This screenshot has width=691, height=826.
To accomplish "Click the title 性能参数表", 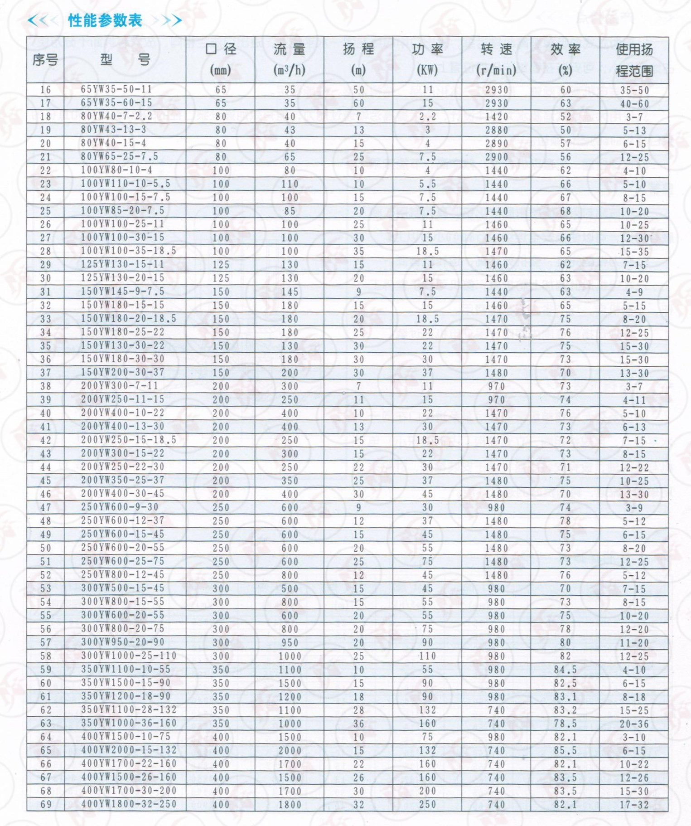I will pyautogui.click(x=105, y=20).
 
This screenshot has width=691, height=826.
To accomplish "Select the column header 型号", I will pyautogui.click(x=125, y=59).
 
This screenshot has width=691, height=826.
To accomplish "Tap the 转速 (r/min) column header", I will pyautogui.click(x=496, y=59).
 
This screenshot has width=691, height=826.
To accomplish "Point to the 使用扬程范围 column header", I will pyautogui.click(x=634, y=59).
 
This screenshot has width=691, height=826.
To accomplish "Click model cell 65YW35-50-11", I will pyautogui.click(x=116, y=89).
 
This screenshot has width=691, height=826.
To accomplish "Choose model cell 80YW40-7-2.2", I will pyautogui.click(x=116, y=116).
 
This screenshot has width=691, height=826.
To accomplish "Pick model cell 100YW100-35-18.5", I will pyautogui.click(x=128, y=251).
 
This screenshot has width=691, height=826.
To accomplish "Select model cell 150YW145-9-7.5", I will pyautogui.click(x=122, y=291).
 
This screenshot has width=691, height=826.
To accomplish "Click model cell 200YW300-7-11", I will pyautogui.click(x=120, y=386).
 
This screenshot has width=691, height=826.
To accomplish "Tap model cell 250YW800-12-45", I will pyautogui.click(x=122, y=574).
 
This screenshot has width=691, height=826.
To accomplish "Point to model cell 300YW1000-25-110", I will pyautogui.click(x=129, y=656).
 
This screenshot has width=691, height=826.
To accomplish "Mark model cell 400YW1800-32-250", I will pyautogui.click(x=129, y=804).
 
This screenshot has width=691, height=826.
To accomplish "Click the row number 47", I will pyautogui.click(x=46, y=508).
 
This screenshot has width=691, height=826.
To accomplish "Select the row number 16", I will pyautogui.click(x=46, y=90).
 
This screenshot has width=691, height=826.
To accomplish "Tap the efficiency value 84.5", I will pyautogui.click(x=565, y=670).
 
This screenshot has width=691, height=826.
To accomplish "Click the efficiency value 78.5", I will pyautogui.click(x=565, y=724).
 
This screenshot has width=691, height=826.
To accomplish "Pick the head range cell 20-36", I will pyautogui.click(x=634, y=724).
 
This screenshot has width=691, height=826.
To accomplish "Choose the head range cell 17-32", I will pyautogui.click(x=634, y=805).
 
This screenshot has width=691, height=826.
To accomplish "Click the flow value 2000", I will pyautogui.click(x=290, y=751).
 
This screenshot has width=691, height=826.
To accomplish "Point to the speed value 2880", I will pyautogui.click(x=496, y=130).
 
